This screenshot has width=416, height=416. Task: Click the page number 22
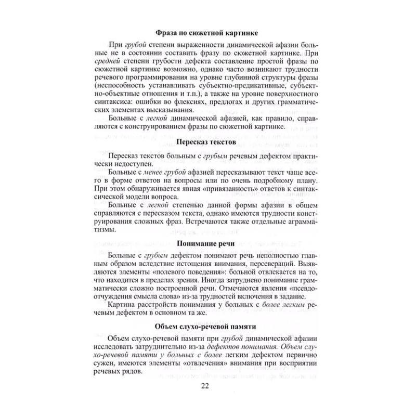point(207,385)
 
